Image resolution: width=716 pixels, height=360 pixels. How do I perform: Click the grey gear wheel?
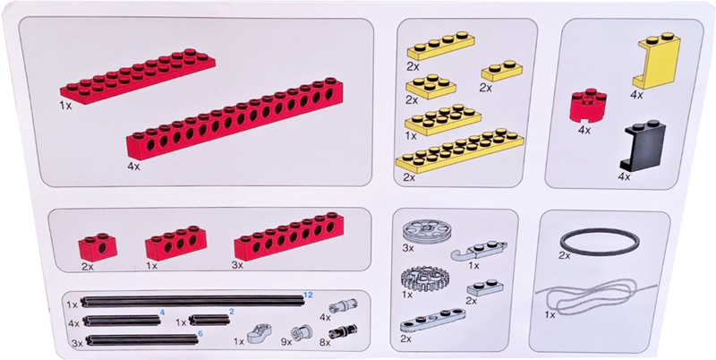(x=422, y=279)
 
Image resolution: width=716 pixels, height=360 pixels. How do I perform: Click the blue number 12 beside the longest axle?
(x=308, y=295)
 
